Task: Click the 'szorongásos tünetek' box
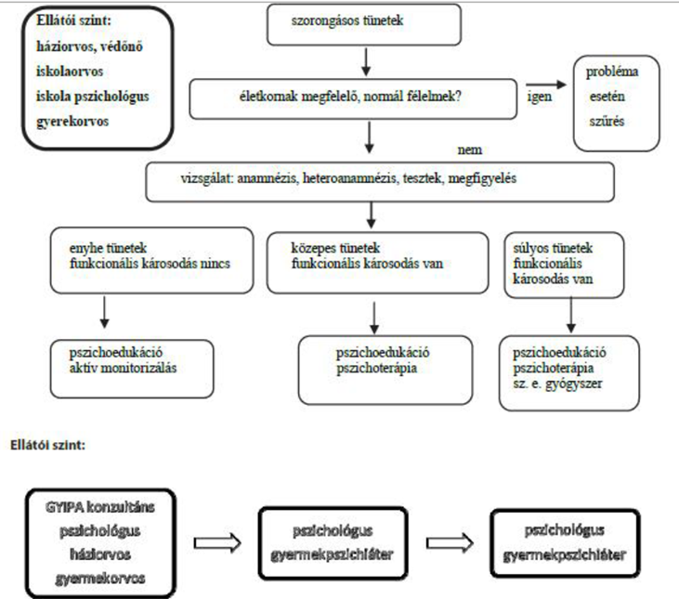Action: pyautogui.click(x=364, y=25)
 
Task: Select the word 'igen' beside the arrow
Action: pyautogui.click(x=539, y=96)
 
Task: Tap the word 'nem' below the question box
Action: pyautogui.click(x=470, y=150)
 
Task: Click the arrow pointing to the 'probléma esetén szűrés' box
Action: pyautogui.click(x=546, y=85)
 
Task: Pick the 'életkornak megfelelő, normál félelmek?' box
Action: pyautogui.click(x=353, y=99)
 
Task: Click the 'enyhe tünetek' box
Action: pyautogui.click(x=151, y=261)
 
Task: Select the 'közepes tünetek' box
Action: pyautogui.click(x=378, y=263)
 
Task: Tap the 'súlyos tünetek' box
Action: pyautogui.click(x=564, y=265)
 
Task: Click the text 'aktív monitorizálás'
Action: pyautogui.click(x=123, y=368)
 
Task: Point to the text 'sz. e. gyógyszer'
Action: pyautogui.click(x=557, y=384)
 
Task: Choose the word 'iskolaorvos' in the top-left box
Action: pyautogui.click(x=70, y=71)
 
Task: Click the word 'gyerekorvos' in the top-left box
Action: pyautogui.click(x=72, y=122)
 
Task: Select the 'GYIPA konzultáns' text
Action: pyautogui.click(x=100, y=507)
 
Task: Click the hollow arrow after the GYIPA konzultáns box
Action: pyautogui.click(x=217, y=542)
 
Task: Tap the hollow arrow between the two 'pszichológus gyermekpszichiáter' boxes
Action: pyautogui.click(x=450, y=542)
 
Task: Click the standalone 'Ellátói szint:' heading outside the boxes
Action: pyautogui.click(x=47, y=445)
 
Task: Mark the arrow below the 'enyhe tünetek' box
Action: pyautogui.click(x=104, y=312)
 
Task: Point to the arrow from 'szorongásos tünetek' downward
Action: pyautogui.click(x=366, y=62)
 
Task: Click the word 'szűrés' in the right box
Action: pyautogui.click(x=607, y=121)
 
